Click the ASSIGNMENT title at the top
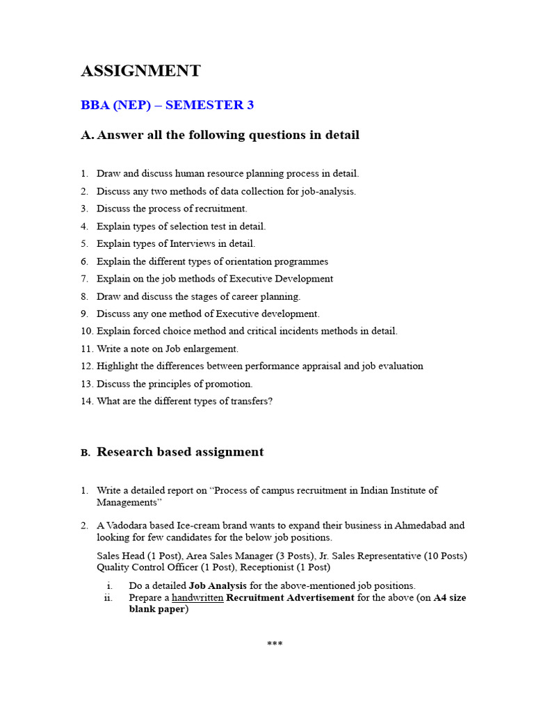pos(140,71)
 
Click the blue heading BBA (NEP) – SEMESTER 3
pos(168,106)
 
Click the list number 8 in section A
pos(83,296)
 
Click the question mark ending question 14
pos(270,401)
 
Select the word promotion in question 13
pos(230,384)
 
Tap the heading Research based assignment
pos(180,452)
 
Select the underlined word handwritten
pos(197,598)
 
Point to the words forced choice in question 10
pos(159,332)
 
